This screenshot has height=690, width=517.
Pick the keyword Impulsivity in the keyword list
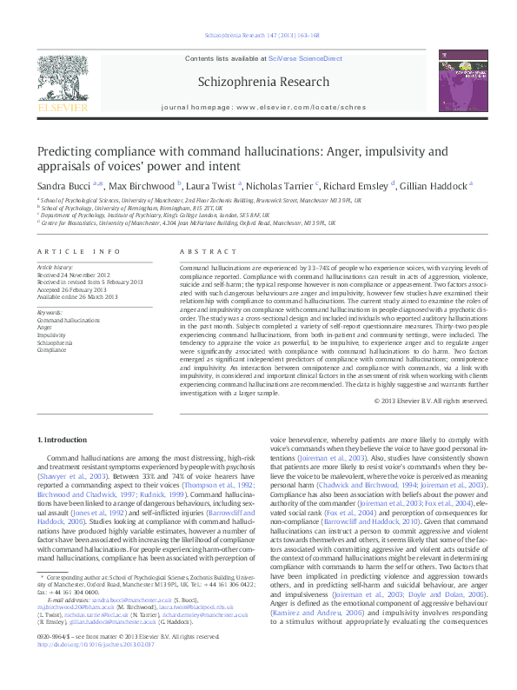(52, 334)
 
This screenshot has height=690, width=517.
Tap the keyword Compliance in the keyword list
(54, 348)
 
